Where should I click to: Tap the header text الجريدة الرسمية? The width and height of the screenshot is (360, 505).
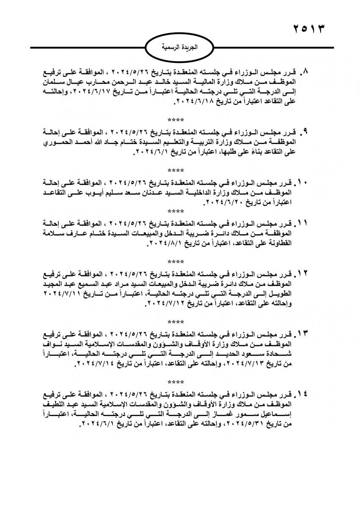coord(179,47)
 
